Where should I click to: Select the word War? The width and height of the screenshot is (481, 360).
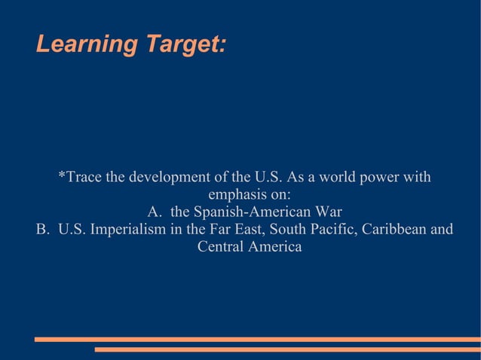326,212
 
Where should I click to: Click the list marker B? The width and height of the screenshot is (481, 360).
42,229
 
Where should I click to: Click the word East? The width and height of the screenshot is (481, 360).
247,229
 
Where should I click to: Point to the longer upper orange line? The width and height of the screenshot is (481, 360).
257,340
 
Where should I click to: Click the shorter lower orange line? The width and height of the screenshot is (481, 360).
287,349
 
